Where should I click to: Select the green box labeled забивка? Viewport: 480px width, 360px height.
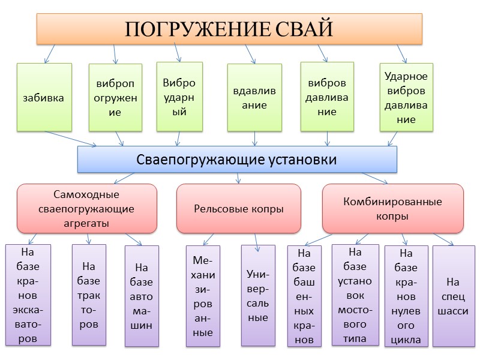[x=44, y=97]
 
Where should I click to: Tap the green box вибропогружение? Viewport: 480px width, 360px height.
[x=116, y=97]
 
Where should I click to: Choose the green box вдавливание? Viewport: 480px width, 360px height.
[x=254, y=97]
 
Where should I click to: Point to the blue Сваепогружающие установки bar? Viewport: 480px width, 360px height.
[x=237, y=160]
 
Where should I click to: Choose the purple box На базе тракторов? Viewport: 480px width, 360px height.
[x=89, y=295]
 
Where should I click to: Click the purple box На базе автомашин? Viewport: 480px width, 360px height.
[x=142, y=296]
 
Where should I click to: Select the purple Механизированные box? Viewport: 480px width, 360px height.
[x=203, y=296]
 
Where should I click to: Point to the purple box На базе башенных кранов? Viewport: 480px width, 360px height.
[x=305, y=296]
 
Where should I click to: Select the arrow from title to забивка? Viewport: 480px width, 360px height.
[x=49, y=53]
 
